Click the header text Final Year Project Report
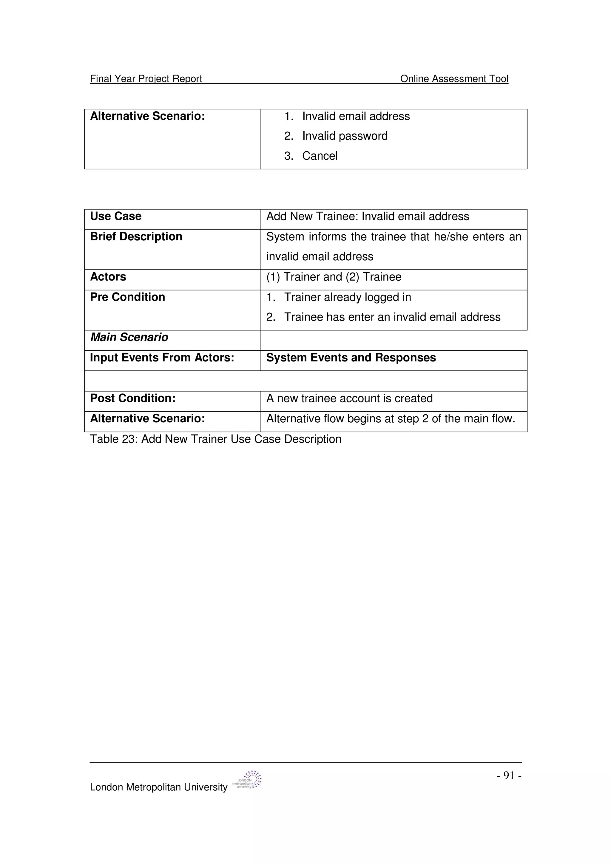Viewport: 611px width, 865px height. click(146, 79)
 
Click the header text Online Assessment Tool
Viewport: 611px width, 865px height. click(454, 79)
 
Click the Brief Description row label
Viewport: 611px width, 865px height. click(136, 237)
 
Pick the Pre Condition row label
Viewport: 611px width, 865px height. click(128, 297)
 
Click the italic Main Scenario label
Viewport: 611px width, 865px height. click(129, 337)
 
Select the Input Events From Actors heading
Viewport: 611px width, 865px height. click(162, 358)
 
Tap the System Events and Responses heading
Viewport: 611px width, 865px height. click(351, 358)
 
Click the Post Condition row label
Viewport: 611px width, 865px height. click(133, 398)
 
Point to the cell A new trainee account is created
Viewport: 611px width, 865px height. click(349, 398)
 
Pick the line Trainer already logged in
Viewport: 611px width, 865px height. click(347, 297)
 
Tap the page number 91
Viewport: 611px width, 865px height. click(509, 775)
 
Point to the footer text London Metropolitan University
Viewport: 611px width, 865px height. click(158, 787)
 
